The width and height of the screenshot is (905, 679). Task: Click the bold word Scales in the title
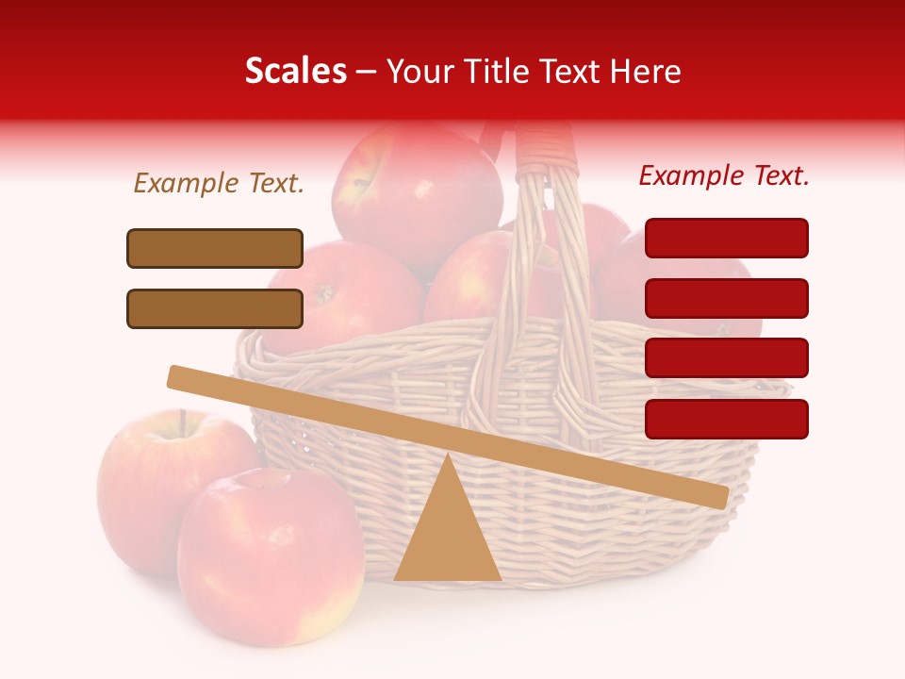point(295,72)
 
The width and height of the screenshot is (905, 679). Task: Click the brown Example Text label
point(219,184)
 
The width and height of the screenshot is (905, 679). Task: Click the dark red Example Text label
point(724,175)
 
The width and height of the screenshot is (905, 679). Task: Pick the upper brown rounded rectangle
point(215,248)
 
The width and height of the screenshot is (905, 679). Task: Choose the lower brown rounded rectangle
point(215,308)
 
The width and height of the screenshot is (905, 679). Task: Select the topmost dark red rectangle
point(726,238)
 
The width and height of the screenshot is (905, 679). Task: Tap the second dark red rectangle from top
point(726,298)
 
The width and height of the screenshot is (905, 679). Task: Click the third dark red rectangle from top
point(726,357)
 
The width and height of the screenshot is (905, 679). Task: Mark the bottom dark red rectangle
point(726,419)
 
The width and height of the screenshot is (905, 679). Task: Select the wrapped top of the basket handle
point(544,146)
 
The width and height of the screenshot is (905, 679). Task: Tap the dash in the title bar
point(367,72)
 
